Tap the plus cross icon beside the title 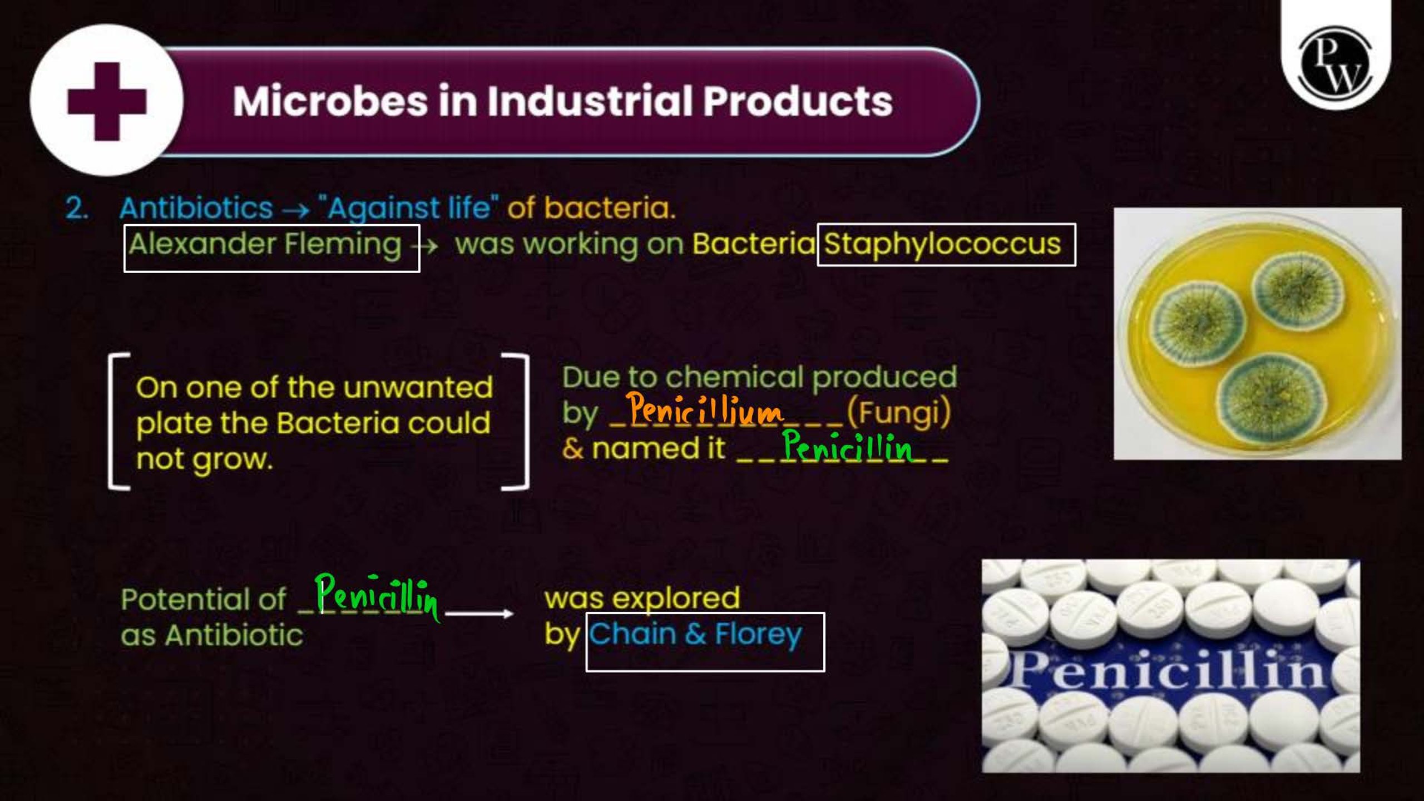pos(107,102)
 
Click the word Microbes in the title pos(330,101)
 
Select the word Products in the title pos(798,101)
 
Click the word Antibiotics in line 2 pos(196,209)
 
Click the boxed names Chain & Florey pos(695,634)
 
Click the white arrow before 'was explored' pos(479,614)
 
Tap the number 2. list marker pos(77,209)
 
